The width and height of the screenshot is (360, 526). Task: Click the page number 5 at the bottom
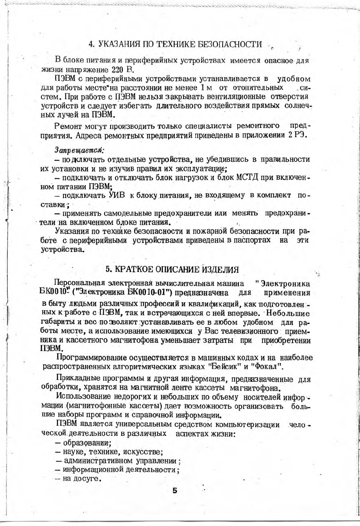click(175, 491)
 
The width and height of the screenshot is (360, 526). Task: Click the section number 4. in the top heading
click(92, 44)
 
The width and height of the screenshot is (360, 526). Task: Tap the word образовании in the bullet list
click(87, 443)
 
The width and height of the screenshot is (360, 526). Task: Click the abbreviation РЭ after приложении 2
click(301, 135)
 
